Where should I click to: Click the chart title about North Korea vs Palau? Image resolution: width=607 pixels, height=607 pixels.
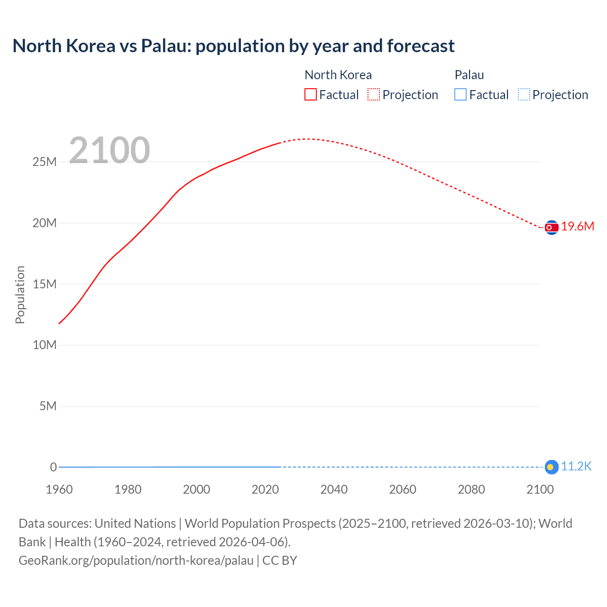click(233, 46)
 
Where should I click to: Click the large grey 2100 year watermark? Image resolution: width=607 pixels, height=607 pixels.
click(110, 150)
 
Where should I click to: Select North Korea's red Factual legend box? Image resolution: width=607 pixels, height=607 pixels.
click(311, 95)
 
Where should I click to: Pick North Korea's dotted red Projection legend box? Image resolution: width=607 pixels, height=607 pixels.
click(374, 95)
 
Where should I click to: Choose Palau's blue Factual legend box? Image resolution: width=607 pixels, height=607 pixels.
click(460, 95)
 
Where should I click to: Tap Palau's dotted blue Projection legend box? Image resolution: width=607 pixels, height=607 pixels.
click(524, 95)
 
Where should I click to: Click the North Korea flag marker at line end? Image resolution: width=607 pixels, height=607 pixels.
click(551, 228)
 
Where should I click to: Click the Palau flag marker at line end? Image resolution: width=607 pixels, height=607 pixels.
click(551, 467)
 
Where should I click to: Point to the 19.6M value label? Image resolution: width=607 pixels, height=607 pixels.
click(578, 227)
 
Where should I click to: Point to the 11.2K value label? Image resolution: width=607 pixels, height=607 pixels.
click(576, 467)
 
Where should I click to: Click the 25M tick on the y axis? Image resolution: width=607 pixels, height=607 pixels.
click(45, 162)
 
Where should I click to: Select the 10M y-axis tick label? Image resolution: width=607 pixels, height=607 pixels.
click(45, 345)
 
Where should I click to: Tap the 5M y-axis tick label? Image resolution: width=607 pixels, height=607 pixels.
click(48, 406)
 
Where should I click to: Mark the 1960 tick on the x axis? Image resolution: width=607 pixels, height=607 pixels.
click(59, 489)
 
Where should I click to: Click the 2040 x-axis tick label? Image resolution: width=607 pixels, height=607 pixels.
click(334, 489)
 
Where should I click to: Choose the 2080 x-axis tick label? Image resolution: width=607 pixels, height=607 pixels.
click(471, 489)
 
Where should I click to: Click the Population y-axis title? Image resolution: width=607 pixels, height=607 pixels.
click(20, 294)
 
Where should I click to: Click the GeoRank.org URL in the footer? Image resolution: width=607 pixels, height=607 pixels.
click(136, 561)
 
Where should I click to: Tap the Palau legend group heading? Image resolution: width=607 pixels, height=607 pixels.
click(469, 75)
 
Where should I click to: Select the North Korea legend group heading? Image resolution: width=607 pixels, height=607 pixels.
click(338, 75)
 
